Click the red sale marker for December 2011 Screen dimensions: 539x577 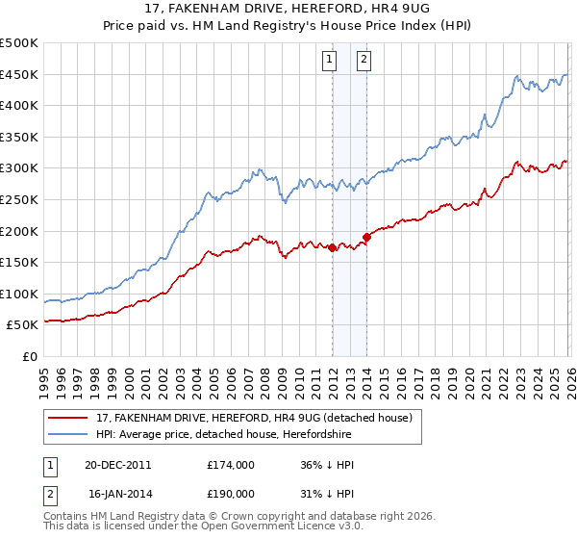333,247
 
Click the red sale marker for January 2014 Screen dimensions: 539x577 366,237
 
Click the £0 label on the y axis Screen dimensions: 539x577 31,356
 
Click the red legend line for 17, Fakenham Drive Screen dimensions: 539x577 69,418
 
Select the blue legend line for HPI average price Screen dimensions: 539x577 69,434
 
